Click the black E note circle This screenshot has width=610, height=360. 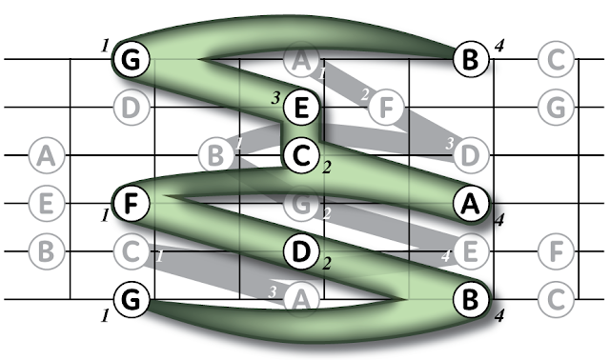click(301, 108)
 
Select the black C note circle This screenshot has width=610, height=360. click(301, 155)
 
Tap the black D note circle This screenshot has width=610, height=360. click(301, 251)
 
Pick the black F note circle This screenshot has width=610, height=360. click(132, 203)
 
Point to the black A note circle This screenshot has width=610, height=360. click(471, 203)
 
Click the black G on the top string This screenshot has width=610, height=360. click(132, 59)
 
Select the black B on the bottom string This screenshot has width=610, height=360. click(471, 299)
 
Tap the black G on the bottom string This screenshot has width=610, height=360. click(132, 299)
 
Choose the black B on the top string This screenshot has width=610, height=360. click(471, 59)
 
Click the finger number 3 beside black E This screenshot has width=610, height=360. click(275, 98)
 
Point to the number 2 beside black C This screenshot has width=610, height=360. click(327, 168)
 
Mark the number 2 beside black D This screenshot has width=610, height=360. click(327, 264)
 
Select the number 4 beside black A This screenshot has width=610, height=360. click(499, 220)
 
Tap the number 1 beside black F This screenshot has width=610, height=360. click(105, 215)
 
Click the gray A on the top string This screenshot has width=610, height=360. click(301, 59)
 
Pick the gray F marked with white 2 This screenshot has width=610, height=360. click(386, 108)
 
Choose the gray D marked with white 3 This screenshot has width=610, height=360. click(471, 155)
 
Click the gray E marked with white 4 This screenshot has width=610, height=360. click(471, 251)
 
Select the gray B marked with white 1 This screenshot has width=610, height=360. click(216, 155)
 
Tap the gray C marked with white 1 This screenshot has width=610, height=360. click(132, 251)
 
